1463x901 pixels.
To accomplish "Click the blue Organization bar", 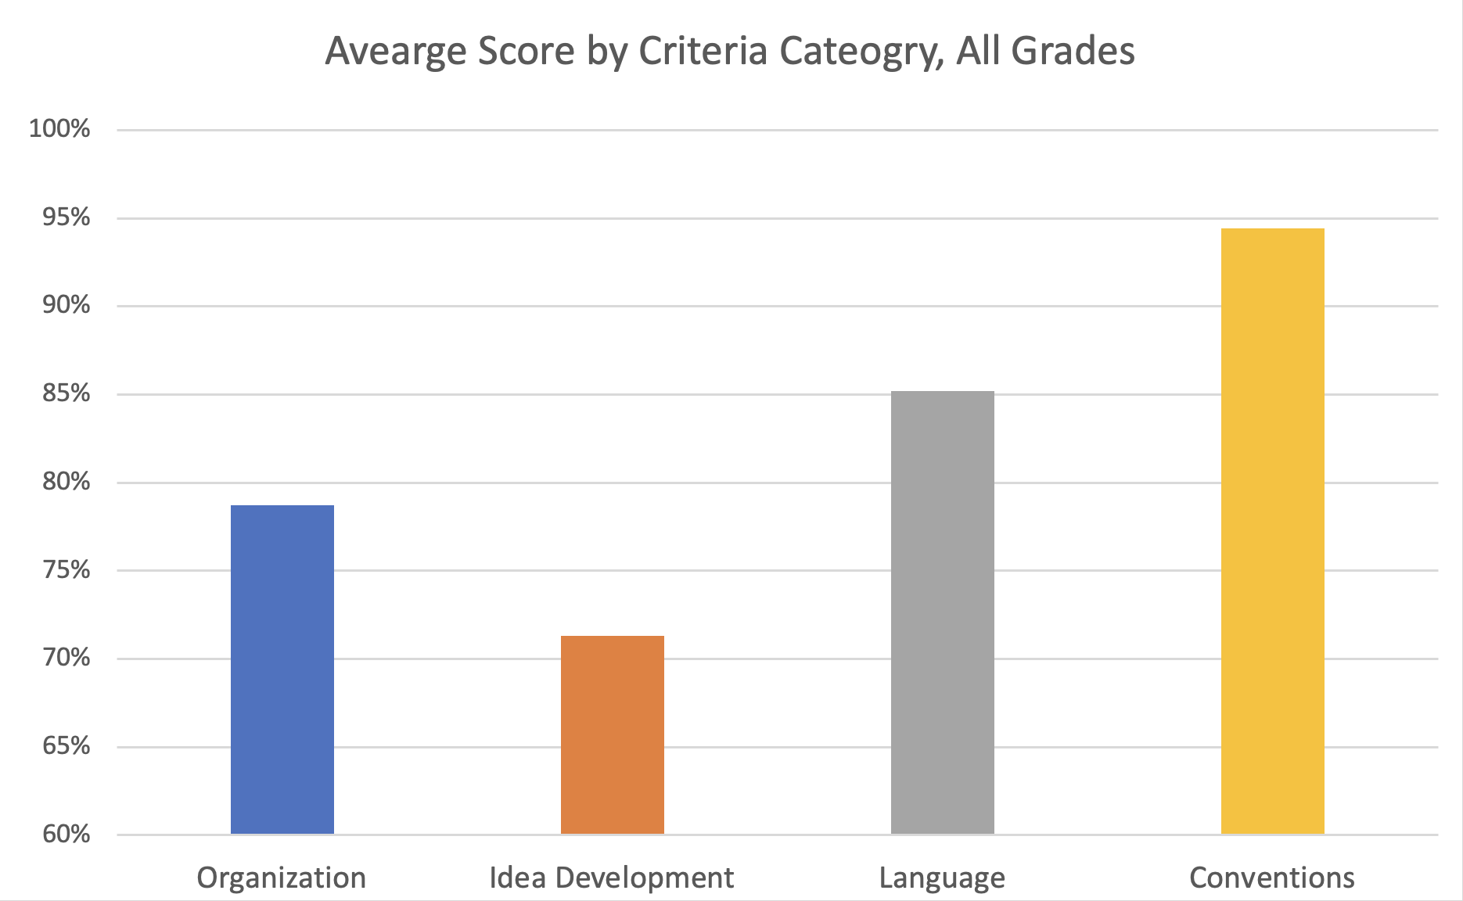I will click(x=282, y=669).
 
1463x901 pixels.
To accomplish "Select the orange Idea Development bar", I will click(x=613, y=734).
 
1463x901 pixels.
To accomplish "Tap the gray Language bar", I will click(x=943, y=612).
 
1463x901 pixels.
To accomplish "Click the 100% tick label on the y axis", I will click(x=59, y=129).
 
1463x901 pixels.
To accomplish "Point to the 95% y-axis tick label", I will click(x=66, y=217).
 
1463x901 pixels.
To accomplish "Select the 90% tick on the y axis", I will click(x=66, y=305).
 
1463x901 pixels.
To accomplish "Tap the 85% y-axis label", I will click(x=66, y=393).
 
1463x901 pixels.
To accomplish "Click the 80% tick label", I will click(x=66, y=482).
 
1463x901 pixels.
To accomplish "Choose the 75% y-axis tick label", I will click(x=66, y=570).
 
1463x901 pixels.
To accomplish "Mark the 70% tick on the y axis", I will click(x=66, y=658).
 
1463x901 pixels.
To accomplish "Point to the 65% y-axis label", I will click(x=66, y=746).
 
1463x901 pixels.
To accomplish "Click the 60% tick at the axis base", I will click(x=66, y=835).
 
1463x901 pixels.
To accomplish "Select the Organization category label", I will click(x=282, y=878).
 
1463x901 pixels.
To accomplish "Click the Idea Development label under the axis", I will click(x=612, y=878).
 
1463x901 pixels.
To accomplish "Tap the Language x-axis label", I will click(x=942, y=878).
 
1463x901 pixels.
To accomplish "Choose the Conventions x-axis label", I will click(x=1272, y=878).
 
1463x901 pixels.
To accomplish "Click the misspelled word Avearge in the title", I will click(x=395, y=52).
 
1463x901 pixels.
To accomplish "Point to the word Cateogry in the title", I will click(x=855, y=52).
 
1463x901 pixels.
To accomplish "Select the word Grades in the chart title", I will click(x=1072, y=52).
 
